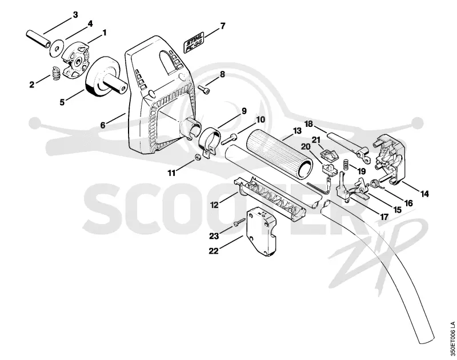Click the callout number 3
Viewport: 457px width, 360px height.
tap(75, 15)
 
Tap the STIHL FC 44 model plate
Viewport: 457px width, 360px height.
tap(194, 42)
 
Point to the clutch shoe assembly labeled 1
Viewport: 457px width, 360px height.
tap(75, 61)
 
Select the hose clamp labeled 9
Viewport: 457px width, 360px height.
tap(211, 142)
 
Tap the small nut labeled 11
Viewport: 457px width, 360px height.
tap(198, 157)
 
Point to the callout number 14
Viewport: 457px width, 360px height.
tap(424, 193)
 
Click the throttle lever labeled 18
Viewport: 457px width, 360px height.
tap(348, 145)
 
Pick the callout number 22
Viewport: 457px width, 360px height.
tap(214, 251)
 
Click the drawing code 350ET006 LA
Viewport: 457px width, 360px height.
tap(452, 338)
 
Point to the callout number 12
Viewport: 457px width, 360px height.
tap(214, 205)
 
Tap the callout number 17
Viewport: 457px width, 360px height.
tap(384, 217)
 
